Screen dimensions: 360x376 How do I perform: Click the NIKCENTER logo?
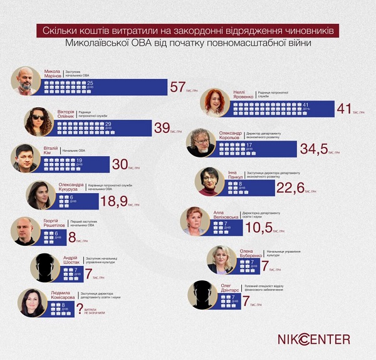pos(314,339)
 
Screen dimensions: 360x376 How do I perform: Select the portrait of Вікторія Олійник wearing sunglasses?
pos(39,121)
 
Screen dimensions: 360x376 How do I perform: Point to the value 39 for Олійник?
pos(162,128)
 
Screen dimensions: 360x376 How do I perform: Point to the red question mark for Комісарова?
pos(79,307)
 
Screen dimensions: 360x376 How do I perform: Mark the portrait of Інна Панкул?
pos(208,182)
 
